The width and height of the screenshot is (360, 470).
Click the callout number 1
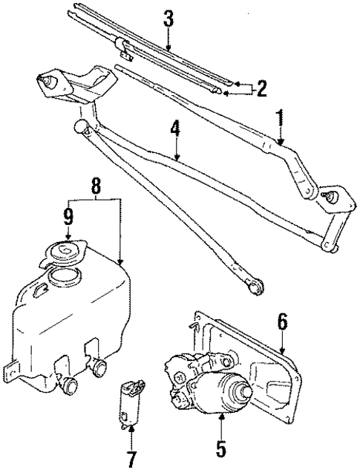point(281,117)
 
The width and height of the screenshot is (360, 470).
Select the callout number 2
point(261,89)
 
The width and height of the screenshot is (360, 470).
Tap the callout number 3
point(168,19)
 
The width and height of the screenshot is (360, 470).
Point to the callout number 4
point(175,128)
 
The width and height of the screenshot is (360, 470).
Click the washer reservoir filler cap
point(68,253)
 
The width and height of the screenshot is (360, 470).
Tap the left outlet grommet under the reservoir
point(70,384)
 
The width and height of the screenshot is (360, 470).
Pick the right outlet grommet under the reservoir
point(99,365)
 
